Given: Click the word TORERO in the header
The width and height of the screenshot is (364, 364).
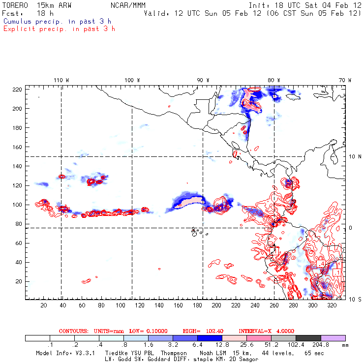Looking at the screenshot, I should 14,5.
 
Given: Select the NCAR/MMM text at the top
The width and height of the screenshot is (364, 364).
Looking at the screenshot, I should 128,5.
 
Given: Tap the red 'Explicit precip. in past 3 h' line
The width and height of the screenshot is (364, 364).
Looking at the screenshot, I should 59,29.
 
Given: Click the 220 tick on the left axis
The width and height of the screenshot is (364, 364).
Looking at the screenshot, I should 17,89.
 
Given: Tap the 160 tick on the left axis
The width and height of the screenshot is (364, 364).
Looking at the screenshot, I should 17,147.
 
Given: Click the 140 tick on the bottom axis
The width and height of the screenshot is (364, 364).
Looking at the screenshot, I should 158,305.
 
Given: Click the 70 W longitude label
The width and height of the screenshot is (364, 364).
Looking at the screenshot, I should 345,80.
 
